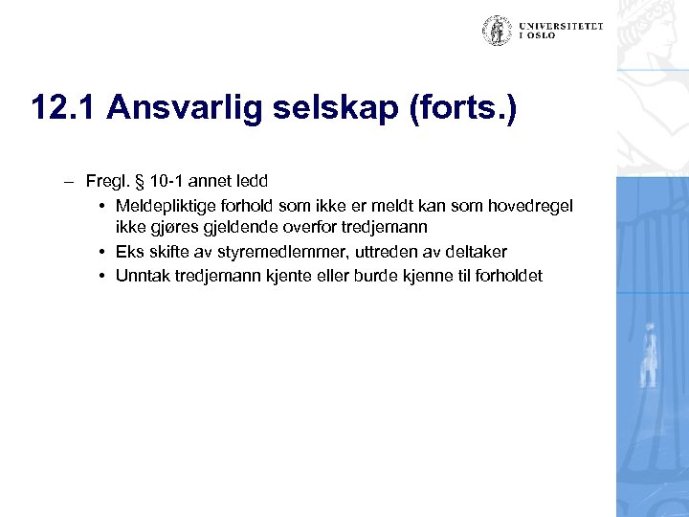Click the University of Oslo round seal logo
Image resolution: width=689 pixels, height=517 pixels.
coord(497,30)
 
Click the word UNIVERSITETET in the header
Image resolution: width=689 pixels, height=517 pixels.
coord(563,26)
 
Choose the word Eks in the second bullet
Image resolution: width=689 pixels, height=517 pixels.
coord(128,252)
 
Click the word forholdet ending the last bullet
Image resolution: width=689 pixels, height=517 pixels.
coord(507,276)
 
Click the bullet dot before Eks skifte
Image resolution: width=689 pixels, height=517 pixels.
coord(100,252)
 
